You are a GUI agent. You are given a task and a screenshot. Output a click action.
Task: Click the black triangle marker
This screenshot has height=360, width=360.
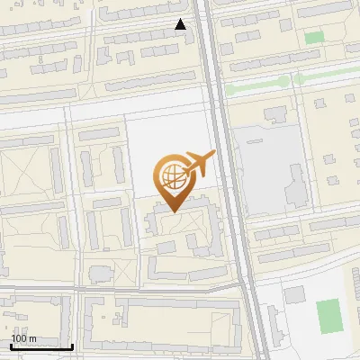(x=181, y=24)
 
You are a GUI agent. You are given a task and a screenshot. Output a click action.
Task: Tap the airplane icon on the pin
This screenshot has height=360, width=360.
(x=199, y=164)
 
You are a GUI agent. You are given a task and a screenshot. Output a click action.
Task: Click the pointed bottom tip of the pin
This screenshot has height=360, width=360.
(x=174, y=211)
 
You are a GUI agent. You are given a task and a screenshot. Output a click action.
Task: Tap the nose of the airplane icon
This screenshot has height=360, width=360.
(x=212, y=154)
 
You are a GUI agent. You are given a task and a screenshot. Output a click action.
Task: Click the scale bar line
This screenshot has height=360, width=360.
(x=41, y=347)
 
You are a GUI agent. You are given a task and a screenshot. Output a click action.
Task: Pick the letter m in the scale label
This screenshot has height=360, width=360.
(x=32, y=338)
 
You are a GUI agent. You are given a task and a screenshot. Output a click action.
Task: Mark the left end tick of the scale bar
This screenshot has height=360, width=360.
(x=11, y=346)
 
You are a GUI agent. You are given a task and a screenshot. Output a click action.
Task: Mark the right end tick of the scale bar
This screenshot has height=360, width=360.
(x=72, y=346)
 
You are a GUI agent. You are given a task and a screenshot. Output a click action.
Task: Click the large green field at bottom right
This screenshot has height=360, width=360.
(x=328, y=314)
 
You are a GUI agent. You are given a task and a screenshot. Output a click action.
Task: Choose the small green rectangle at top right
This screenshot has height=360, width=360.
(x=313, y=38)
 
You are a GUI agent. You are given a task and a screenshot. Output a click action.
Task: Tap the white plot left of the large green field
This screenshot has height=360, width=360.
(x=294, y=295)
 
